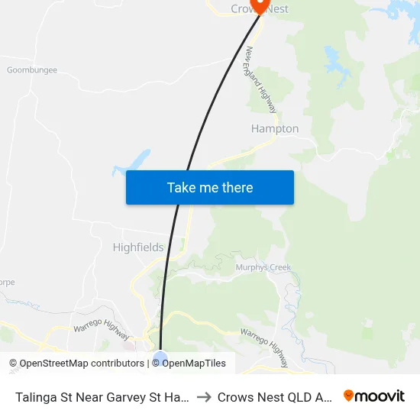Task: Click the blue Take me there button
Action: pos(210,187)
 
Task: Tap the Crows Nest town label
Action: pos(260,9)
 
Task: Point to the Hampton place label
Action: pos(275,129)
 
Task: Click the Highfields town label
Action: pos(138,247)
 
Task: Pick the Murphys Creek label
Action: pos(263,267)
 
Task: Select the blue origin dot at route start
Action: pos(160,357)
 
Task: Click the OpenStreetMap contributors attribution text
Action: pos(77,363)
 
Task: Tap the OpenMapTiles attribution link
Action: pos(192,363)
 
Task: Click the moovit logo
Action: pos(374,396)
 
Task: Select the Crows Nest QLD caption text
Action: pos(275,397)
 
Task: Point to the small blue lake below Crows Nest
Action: pos(334,57)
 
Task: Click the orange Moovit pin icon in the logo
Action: pos(349,396)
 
